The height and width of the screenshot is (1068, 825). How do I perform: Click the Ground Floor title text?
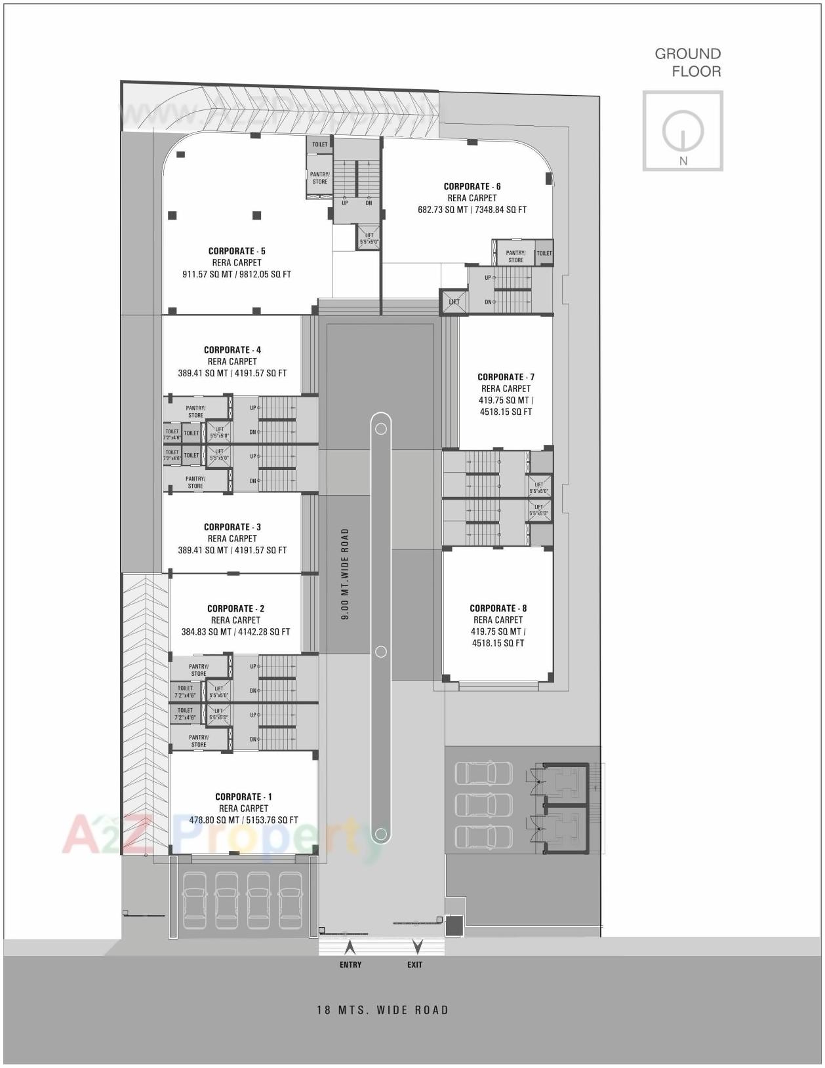[687, 62]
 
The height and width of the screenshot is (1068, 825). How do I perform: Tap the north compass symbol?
[683, 131]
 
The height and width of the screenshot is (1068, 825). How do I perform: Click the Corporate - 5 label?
[237, 251]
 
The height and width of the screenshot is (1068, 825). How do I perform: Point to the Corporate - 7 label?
[506, 377]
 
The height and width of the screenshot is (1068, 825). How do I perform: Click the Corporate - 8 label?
[498, 608]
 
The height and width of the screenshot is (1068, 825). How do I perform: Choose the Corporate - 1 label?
[243, 797]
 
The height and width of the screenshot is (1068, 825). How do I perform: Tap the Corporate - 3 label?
[232, 527]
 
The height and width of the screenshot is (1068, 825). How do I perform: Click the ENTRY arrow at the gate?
[350, 947]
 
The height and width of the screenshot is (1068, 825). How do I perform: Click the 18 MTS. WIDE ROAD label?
[382, 1010]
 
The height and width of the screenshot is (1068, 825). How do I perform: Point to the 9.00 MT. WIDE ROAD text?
[346, 574]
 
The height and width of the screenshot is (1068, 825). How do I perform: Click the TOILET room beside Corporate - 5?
[319, 144]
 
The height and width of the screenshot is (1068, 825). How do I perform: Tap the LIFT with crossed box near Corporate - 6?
[454, 302]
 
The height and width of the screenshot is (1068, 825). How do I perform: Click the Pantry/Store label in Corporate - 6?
[515, 256]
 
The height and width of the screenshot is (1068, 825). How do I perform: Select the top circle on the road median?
[380, 429]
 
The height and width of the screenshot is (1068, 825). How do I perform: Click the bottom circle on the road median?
[380, 834]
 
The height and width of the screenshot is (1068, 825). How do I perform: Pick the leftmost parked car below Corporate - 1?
[194, 900]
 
